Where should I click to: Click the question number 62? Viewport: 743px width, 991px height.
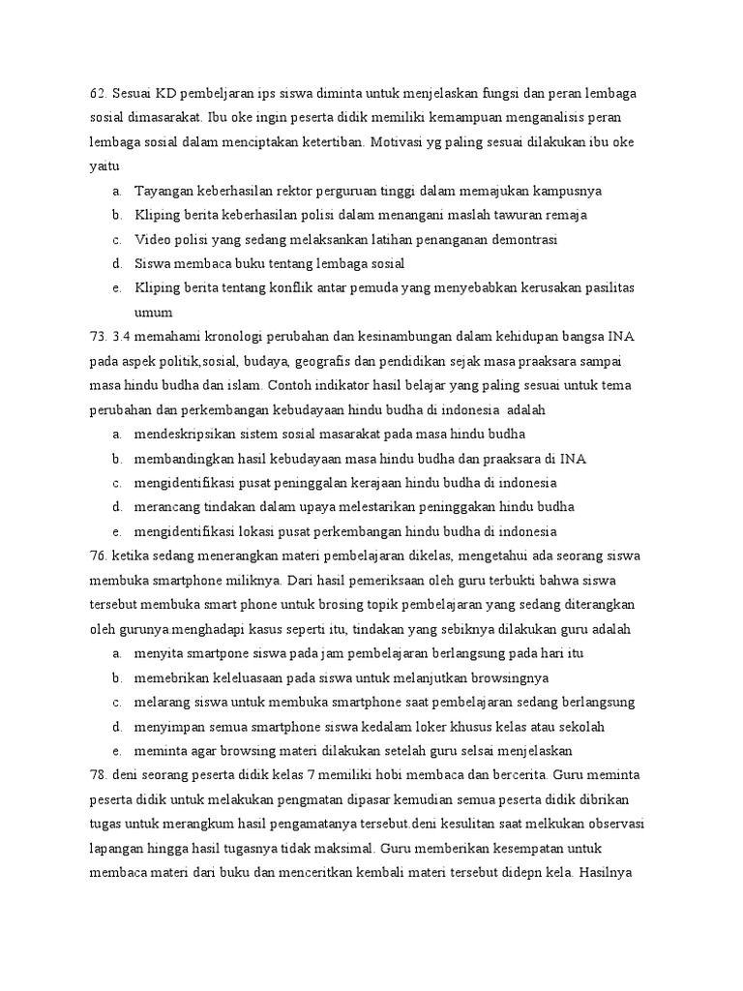[97, 93]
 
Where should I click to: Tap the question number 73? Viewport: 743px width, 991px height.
[97, 336]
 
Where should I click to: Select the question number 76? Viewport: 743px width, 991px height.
[97, 556]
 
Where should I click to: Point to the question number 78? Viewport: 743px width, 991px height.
[97, 775]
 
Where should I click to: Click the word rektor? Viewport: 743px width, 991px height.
[313, 191]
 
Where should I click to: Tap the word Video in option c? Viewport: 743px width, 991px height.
[152, 239]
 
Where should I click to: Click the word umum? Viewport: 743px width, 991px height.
[153, 313]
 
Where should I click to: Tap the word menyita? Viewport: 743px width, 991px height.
[160, 653]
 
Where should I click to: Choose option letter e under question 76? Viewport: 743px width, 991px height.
[116, 751]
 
